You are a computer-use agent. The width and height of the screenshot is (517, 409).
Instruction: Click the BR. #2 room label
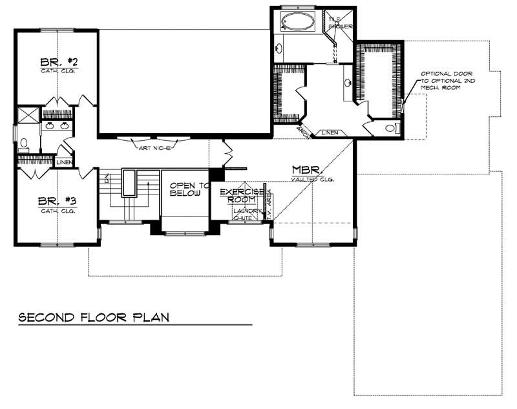point(59,62)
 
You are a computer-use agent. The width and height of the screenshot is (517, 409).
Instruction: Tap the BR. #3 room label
point(58,201)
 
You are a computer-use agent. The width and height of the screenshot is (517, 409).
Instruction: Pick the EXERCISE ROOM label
point(239,196)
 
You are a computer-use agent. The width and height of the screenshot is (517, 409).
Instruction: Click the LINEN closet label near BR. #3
point(64,162)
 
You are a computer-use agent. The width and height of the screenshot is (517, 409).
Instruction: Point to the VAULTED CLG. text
point(311,180)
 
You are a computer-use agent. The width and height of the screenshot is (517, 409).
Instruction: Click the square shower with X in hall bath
point(28,116)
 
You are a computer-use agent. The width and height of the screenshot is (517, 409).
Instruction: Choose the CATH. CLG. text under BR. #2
point(59,71)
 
